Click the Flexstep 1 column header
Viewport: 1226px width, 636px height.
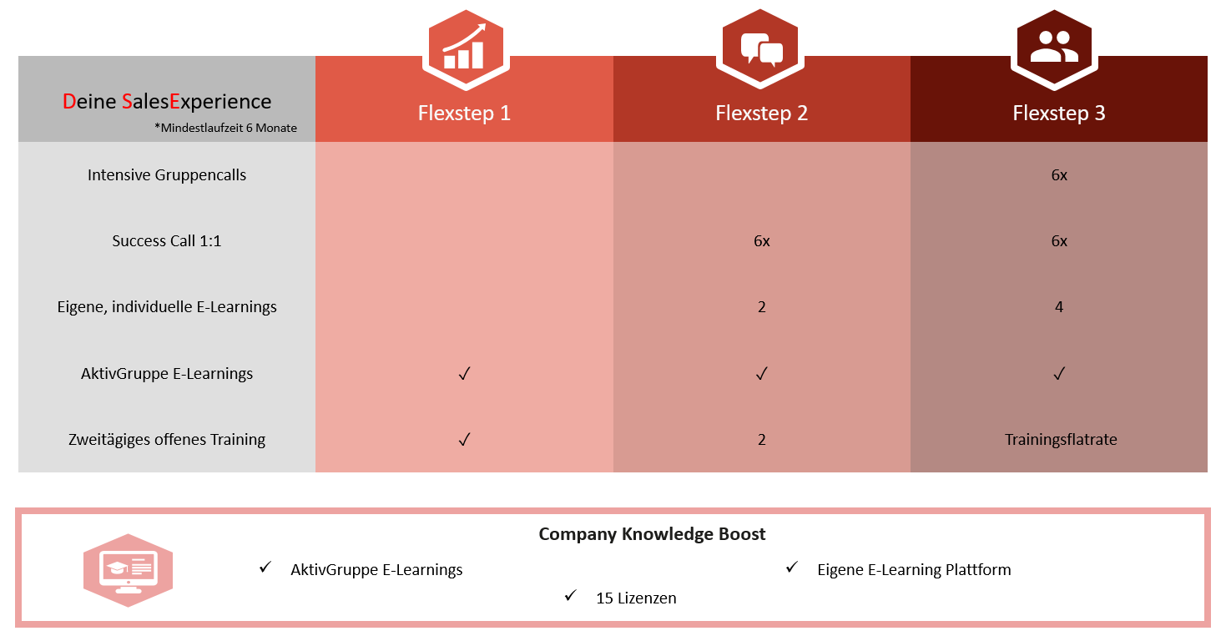[x=464, y=114]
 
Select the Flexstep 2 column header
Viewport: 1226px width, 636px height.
[x=761, y=114]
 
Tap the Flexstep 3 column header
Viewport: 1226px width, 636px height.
[x=1058, y=114]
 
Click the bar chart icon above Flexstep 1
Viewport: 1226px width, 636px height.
[x=464, y=48]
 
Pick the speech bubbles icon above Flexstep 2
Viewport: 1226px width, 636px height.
[x=761, y=48]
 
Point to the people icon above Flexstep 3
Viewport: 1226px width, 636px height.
[x=1054, y=48]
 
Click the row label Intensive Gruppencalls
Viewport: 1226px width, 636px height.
[x=167, y=175]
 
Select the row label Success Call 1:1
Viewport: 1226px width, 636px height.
[x=167, y=241]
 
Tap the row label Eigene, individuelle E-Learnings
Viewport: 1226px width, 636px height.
[x=167, y=307]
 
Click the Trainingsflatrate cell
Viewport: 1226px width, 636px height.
[x=1060, y=440]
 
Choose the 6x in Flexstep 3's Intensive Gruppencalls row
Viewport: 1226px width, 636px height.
[x=1059, y=175]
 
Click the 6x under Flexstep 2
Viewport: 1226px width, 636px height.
[x=761, y=241]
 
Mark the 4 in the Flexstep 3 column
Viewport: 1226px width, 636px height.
[x=1059, y=307]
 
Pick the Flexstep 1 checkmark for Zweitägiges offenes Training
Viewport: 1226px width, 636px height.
[x=465, y=439]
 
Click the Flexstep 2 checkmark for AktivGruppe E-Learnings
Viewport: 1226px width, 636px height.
[x=761, y=373]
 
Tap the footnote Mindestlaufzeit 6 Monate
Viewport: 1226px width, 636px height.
[x=225, y=129]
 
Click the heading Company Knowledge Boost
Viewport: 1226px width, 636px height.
[x=652, y=534]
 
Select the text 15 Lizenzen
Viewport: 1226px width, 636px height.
[x=636, y=598]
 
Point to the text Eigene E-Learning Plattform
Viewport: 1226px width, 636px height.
[x=914, y=570]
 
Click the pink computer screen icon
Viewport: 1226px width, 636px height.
[x=128, y=569]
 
